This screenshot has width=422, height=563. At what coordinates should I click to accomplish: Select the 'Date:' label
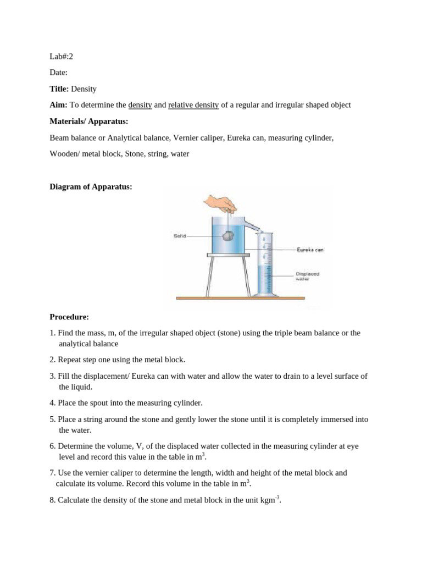[59, 73]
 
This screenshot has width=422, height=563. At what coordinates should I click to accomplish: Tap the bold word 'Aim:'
[59, 104]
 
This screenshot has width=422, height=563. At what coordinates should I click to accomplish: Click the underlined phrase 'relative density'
[193, 104]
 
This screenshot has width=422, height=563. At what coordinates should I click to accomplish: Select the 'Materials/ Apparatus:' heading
[88, 121]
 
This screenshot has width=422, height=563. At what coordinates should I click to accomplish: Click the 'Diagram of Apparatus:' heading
[91, 187]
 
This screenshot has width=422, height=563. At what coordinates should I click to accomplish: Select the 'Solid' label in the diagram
[180, 236]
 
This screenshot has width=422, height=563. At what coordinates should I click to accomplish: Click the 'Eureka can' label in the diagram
[310, 250]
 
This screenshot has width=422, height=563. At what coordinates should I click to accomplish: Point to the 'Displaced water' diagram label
[307, 276]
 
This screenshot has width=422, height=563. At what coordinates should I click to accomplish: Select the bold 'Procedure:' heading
[69, 317]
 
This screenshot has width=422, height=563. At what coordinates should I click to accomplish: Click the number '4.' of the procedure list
[53, 402]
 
